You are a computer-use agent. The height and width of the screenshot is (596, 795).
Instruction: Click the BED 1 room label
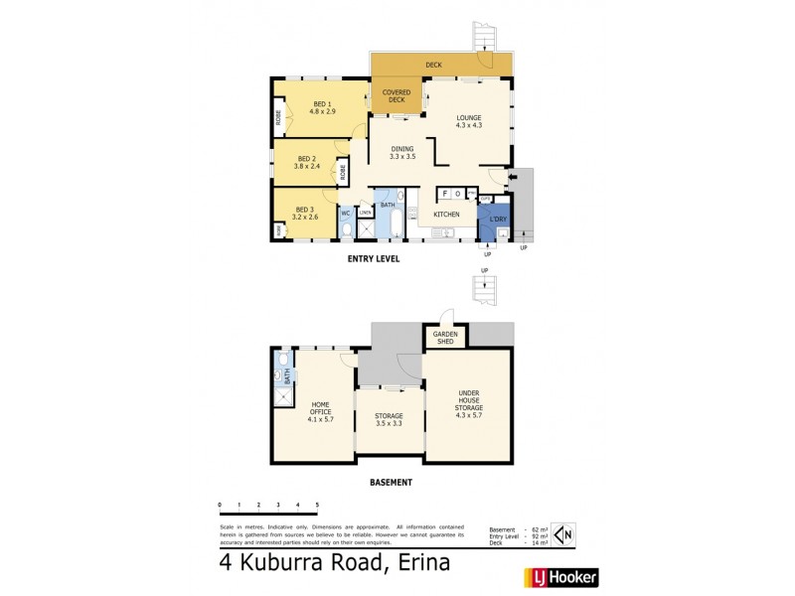321,108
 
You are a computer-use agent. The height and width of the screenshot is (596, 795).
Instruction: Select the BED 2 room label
305,163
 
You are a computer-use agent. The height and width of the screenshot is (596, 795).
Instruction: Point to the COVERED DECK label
397,96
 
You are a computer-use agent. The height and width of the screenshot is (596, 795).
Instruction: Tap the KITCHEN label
445,215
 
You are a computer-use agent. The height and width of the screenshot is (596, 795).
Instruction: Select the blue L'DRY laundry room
492,220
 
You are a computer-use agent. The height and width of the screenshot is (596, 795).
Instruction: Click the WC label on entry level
346,214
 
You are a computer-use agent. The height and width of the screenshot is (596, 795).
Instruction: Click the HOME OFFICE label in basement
320,408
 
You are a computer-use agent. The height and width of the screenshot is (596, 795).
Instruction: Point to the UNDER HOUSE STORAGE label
468,401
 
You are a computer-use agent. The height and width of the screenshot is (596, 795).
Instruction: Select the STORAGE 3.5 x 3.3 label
389,419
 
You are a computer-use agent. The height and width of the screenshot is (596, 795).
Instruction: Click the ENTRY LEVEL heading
373,259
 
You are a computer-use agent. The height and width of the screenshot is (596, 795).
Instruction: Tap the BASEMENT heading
390,483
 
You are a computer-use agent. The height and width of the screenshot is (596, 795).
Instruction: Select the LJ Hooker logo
559,577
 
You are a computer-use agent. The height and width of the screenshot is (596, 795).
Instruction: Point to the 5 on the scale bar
317,505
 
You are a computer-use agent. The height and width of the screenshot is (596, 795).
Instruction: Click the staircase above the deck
484,36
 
